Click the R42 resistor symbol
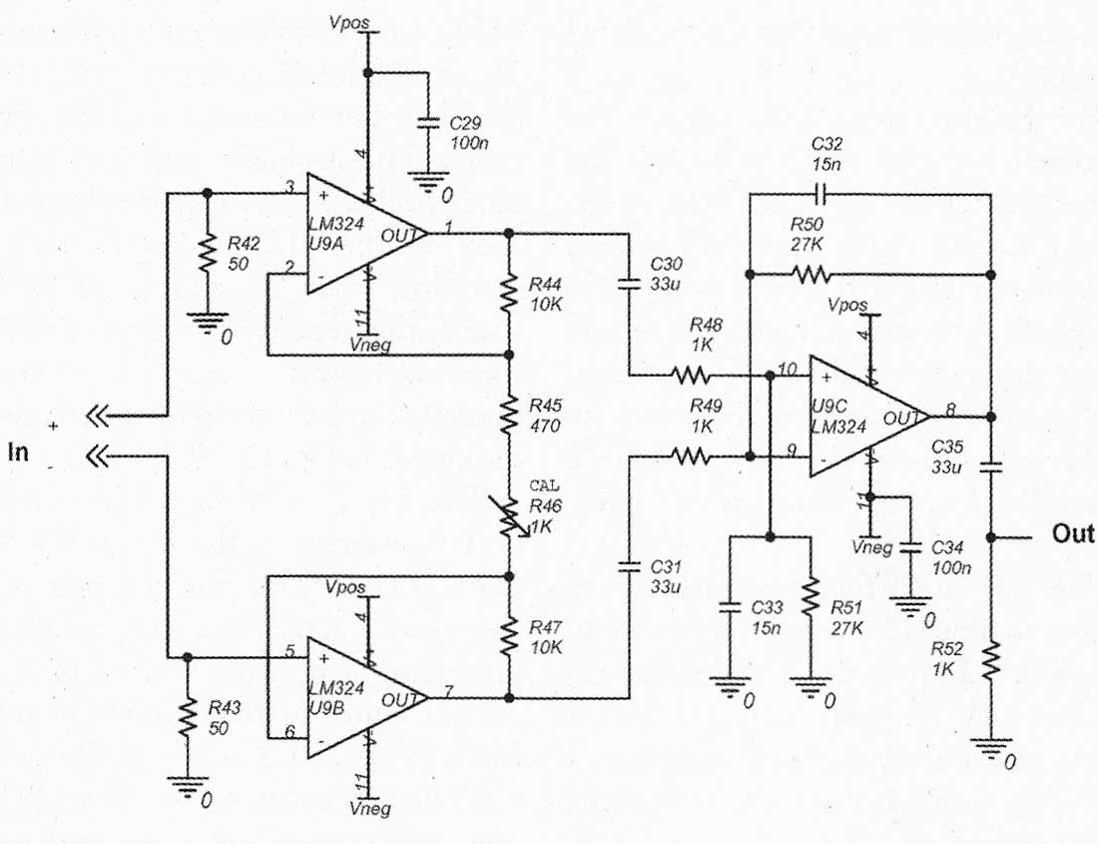point(207,255)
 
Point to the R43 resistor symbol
point(187,718)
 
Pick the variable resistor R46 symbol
point(510,517)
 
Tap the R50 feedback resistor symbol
point(811,274)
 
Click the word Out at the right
point(1072,533)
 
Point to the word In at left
point(18,451)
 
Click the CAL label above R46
point(544,485)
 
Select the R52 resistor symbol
point(990,661)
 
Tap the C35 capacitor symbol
point(990,467)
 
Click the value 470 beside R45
point(544,425)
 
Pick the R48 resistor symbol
point(691,377)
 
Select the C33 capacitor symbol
point(730,607)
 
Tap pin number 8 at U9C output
point(949,410)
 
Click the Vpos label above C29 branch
point(348,22)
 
